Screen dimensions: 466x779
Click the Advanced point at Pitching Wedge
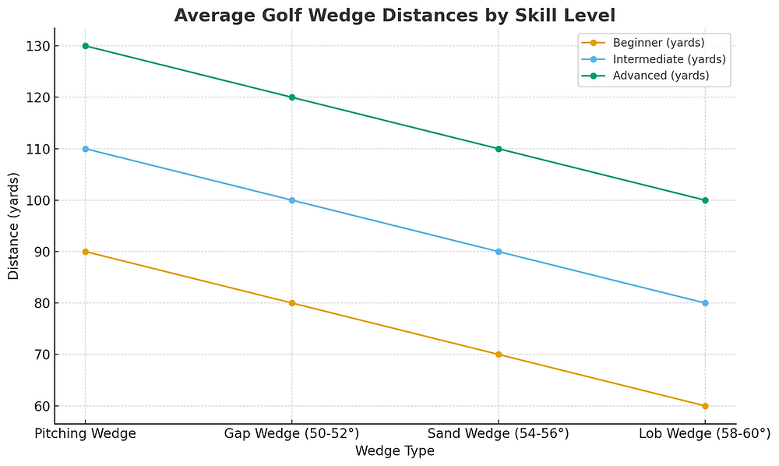click(x=86, y=46)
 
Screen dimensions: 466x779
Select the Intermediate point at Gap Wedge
click(x=292, y=200)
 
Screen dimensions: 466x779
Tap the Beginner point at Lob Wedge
click(x=705, y=406)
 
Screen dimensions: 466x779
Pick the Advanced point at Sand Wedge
click(x=499, y=149)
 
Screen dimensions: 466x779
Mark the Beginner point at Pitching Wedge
click(x=86, y=252)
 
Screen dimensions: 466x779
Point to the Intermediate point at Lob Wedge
click(x=705, y=303)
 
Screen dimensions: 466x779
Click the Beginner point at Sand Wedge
click(x=499, y=355)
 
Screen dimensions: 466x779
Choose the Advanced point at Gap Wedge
click(x=292, y=97)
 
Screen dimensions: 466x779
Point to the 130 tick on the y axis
click(x=38, y=46)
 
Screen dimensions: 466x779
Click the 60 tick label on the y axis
click(x=41, y=406)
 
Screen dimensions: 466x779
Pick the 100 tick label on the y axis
click(x=38, y=200)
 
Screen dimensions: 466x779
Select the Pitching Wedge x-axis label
click(x=86, y=433)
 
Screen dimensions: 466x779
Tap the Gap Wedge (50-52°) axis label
click(x=292, y=433)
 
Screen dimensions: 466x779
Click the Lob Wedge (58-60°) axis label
click(x=705, y=433)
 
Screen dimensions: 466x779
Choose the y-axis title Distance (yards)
click(x=14, y=226)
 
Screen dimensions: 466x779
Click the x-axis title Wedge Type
click(x=394, y=450)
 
